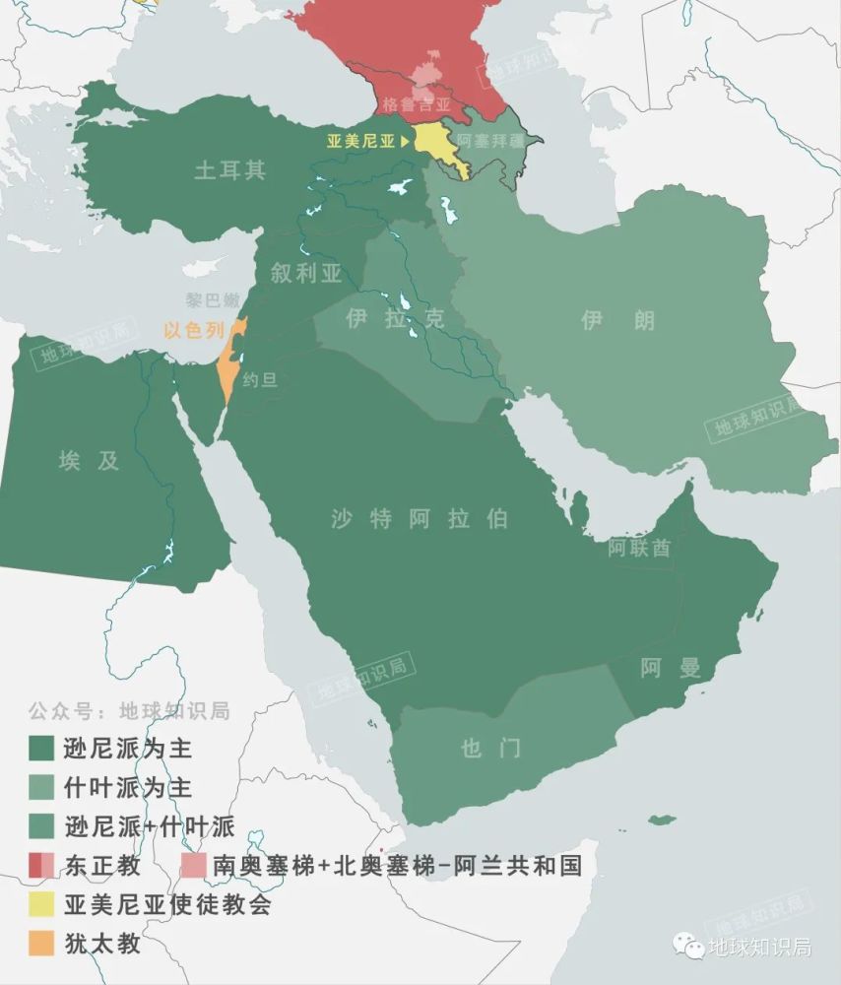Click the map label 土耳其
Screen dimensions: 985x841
point(229,170)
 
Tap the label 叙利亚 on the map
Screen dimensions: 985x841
point(306,274)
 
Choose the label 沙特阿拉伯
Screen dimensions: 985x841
point(420,519)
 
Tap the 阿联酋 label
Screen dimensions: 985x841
point(639,548)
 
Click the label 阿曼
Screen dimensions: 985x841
point(671,669)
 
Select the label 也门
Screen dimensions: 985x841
point(490,749)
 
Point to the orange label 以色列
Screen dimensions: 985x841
point(194,332)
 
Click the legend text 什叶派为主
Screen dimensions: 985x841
point(128,788)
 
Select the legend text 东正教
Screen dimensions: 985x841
point(102,866)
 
